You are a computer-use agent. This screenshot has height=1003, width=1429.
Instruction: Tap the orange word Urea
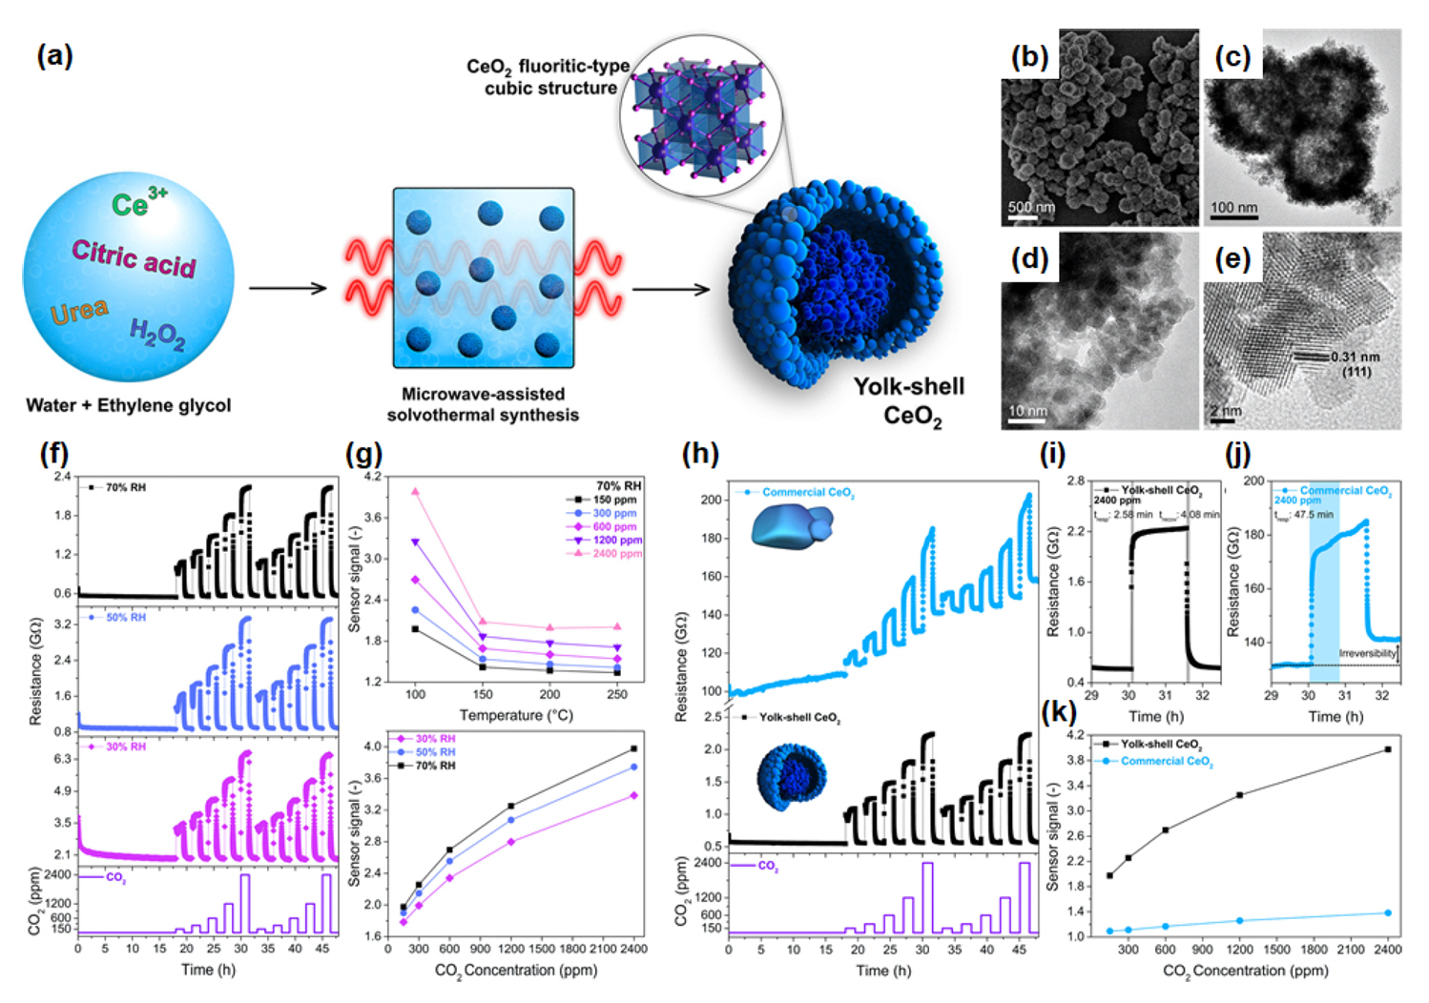79,311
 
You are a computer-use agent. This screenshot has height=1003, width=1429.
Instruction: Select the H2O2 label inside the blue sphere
157,335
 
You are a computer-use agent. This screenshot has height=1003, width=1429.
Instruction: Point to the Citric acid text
134,257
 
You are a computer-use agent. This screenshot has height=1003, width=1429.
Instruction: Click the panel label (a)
54,56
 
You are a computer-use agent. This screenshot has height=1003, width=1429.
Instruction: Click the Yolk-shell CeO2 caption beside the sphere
908,400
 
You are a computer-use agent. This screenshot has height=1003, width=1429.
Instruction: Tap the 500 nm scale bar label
1031,207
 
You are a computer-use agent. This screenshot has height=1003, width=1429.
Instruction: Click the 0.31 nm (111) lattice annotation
1356,363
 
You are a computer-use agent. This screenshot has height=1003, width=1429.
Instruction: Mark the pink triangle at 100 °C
415,492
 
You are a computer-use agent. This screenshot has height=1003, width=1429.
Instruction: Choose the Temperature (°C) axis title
516,715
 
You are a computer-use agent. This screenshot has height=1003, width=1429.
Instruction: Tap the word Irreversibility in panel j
1367,653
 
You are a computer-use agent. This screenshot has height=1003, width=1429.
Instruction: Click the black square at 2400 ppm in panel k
1387,749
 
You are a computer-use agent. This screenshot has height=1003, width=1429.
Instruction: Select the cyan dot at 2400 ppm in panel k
1387,913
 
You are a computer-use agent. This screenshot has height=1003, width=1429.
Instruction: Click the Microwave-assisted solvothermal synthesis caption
483,404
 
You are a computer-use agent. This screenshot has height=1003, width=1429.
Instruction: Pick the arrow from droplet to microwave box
287,289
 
